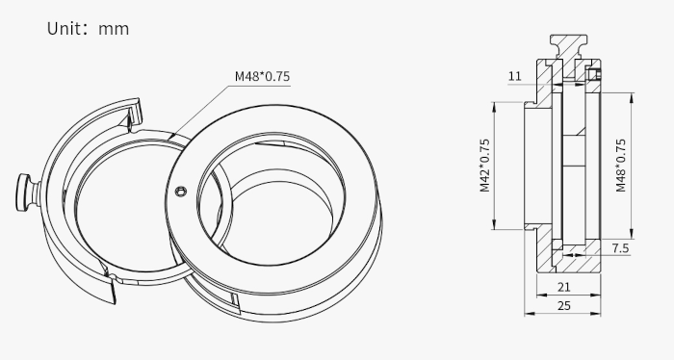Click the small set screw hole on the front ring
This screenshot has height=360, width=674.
pyautogui.click(x=180, y=192)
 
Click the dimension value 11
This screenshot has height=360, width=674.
pyautogui.click(x=514, y=75)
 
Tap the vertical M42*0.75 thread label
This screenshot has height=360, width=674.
pyautogui.click(x=484, y=166)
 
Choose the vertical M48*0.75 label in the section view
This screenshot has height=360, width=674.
pyautogui.click(x=621, y=166)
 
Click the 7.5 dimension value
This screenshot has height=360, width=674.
pyautogui.click(x=620, y=248)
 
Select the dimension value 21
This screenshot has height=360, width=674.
pyautogui.click(x=564, y=287)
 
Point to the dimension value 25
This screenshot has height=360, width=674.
pyautogui.click(x=564, y=305)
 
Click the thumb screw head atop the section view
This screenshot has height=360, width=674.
pyautogui.click(x=566, y=43)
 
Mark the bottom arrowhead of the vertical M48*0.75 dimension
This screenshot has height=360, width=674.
pyautogui.click(x=633, y=237)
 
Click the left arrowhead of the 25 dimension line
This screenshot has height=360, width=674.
pyautogui.click(x=528, y=313)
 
